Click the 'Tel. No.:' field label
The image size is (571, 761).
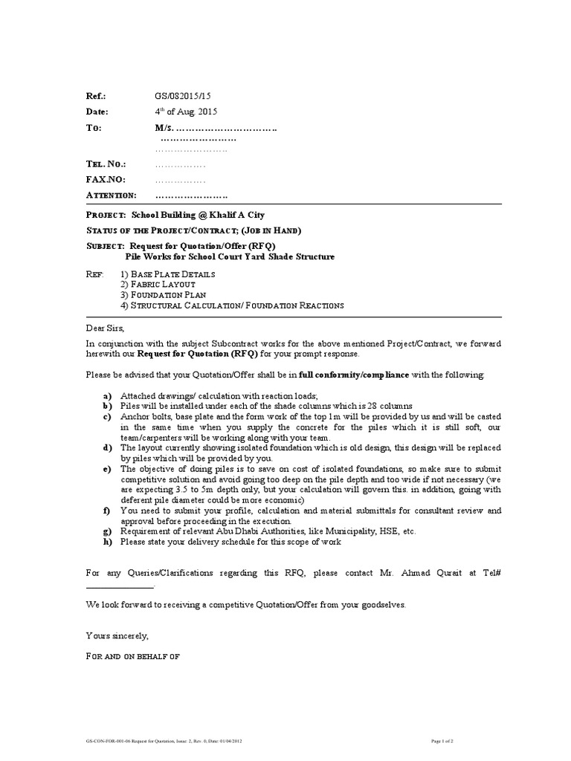click(106, 163)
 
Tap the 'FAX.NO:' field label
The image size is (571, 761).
click(106, 179)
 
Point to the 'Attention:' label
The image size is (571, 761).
click(112, 195)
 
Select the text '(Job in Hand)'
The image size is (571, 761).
click(267, 230)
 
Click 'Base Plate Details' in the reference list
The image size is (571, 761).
click(172, 274)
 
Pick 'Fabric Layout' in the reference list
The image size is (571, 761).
click(163, 285)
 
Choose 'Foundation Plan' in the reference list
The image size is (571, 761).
click(167, 295)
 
